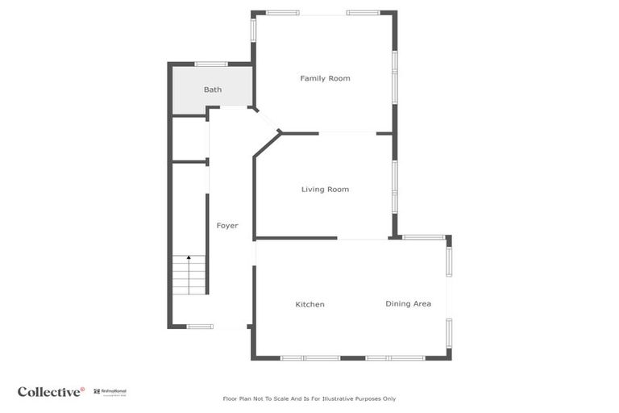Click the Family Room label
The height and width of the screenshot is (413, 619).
[x=325, y=78]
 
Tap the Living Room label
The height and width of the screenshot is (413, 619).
[x=325, y=190]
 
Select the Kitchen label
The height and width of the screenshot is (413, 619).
[x=309, y=304]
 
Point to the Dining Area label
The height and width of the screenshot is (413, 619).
[x=408, y=304]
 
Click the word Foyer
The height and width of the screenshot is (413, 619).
[x=227, y=226]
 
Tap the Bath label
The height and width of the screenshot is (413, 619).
[x=212, y=90]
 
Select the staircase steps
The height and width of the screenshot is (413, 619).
[x=189, y=275]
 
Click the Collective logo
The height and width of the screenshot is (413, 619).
[x=51, y=392]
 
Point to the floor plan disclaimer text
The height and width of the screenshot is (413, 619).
[x=309, y=398]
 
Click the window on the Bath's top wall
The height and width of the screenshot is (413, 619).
[x=211, y=64]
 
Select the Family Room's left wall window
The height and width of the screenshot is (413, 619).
[x=253, y=30]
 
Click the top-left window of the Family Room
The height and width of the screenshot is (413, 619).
[x=283, y=13]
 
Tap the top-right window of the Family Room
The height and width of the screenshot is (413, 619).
[x=364, y=13]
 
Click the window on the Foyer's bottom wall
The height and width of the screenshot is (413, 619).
[x=200, y=327]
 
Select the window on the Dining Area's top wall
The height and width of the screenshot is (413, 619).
[x=424, y=237]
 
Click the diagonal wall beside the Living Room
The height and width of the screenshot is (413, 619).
[x=267, y=145]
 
